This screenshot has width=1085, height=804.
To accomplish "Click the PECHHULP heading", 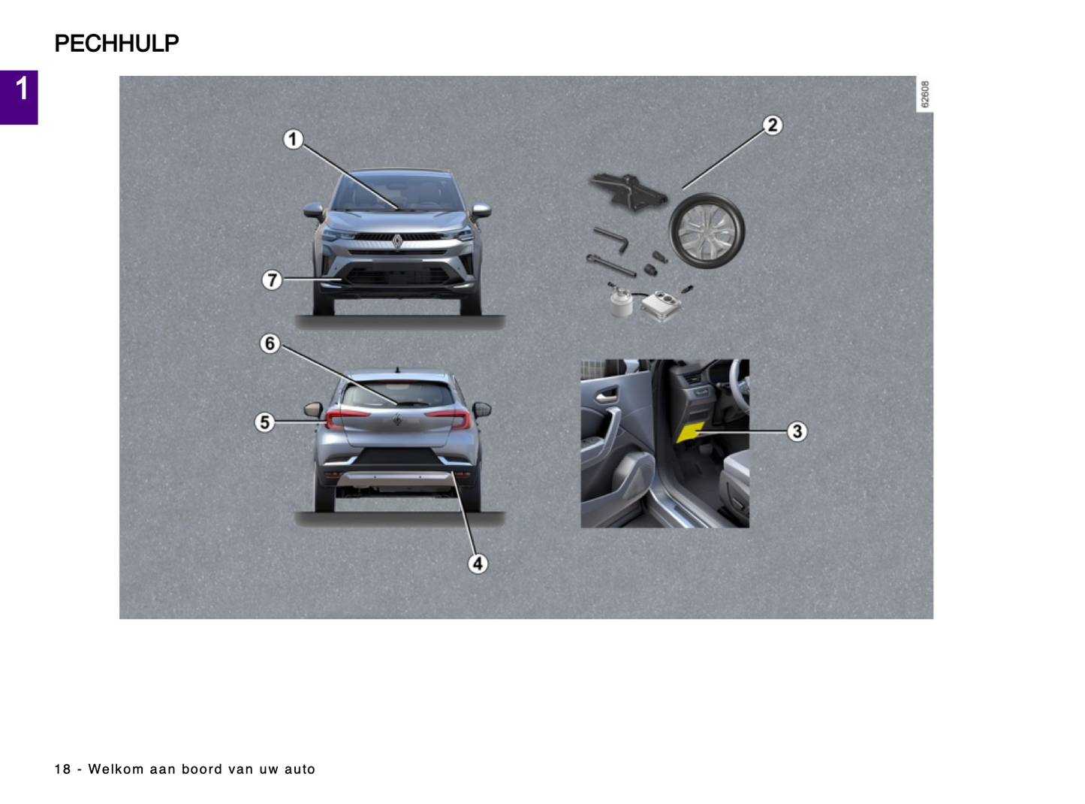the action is click(x=116, y=44).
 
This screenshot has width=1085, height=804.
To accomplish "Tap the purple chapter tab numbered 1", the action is click(x=19, y=98).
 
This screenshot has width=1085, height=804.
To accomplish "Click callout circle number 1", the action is click(x=293, y=139).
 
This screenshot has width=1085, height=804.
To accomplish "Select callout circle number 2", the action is click(x=773, y=125).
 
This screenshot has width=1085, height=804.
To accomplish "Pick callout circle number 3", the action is click(x=797, y=431).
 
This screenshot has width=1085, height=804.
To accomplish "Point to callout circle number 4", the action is click(x=478, y=564).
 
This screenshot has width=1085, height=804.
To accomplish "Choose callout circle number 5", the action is click(x=264, y=422).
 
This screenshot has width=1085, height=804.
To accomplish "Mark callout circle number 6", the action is click(x=270, y=343).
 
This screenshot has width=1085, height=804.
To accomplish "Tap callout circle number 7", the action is click(x=272, y=280).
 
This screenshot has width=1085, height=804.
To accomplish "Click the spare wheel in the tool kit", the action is click(x=707, y=231).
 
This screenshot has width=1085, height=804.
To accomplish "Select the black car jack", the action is click(x=629, y=192).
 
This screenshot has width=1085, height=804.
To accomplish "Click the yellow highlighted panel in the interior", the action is click(x=690, y=431).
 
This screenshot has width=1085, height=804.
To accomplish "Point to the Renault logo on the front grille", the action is click(x=397, y=241).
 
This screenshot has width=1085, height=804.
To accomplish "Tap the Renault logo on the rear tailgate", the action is click(x=397, y=419).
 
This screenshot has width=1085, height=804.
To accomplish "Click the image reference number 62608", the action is click(x=924, y=94).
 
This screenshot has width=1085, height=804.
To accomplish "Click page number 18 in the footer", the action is click(x=62, y=769).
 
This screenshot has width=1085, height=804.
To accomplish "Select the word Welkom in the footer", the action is click(x=116, y=769).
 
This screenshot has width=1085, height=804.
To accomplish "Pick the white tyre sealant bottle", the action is click(x=621, y=302).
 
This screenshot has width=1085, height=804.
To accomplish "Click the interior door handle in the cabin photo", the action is click(x=607, y=394).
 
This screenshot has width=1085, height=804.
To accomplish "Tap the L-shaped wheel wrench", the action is click(x=612, y=240).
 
